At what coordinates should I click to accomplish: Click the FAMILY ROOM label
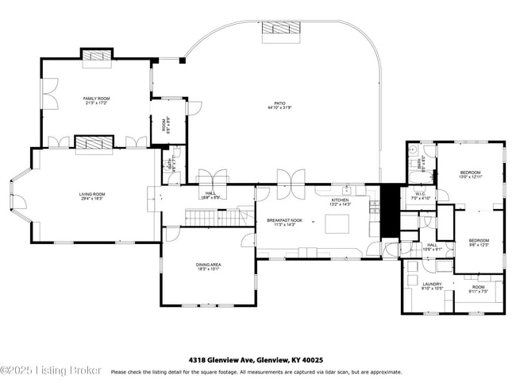coord(95,99)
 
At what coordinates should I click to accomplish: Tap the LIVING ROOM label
coord(91,194)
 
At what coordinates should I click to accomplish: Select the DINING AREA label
coord(208,265)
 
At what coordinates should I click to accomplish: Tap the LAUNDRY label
coord(432,284)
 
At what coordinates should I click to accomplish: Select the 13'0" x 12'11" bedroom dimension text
coord(470,177)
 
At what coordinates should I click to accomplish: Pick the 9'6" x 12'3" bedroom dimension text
coord(478,244)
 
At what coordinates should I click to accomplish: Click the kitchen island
coord(338,224)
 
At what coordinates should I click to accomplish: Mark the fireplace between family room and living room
coord(91,143)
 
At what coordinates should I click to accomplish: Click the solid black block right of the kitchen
coord(389,210)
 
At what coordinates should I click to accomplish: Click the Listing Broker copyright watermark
coord(51,371)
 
